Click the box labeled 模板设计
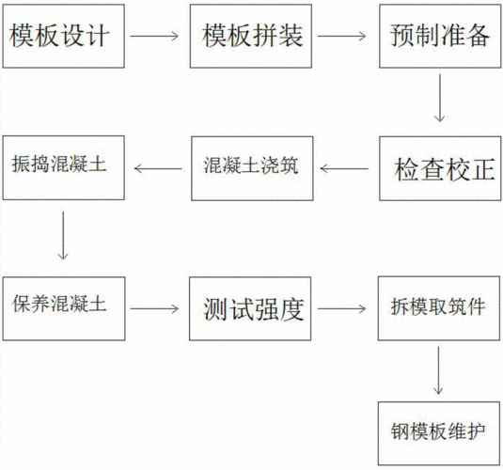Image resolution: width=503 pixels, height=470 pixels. pos(62,37)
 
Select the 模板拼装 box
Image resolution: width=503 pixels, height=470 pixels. pos(249,37)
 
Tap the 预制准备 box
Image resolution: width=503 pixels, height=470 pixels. pos(438,37)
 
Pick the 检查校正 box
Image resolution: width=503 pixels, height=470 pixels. pos(438,170)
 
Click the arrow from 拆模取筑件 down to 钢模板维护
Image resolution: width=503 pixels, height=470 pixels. pos(439,370)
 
